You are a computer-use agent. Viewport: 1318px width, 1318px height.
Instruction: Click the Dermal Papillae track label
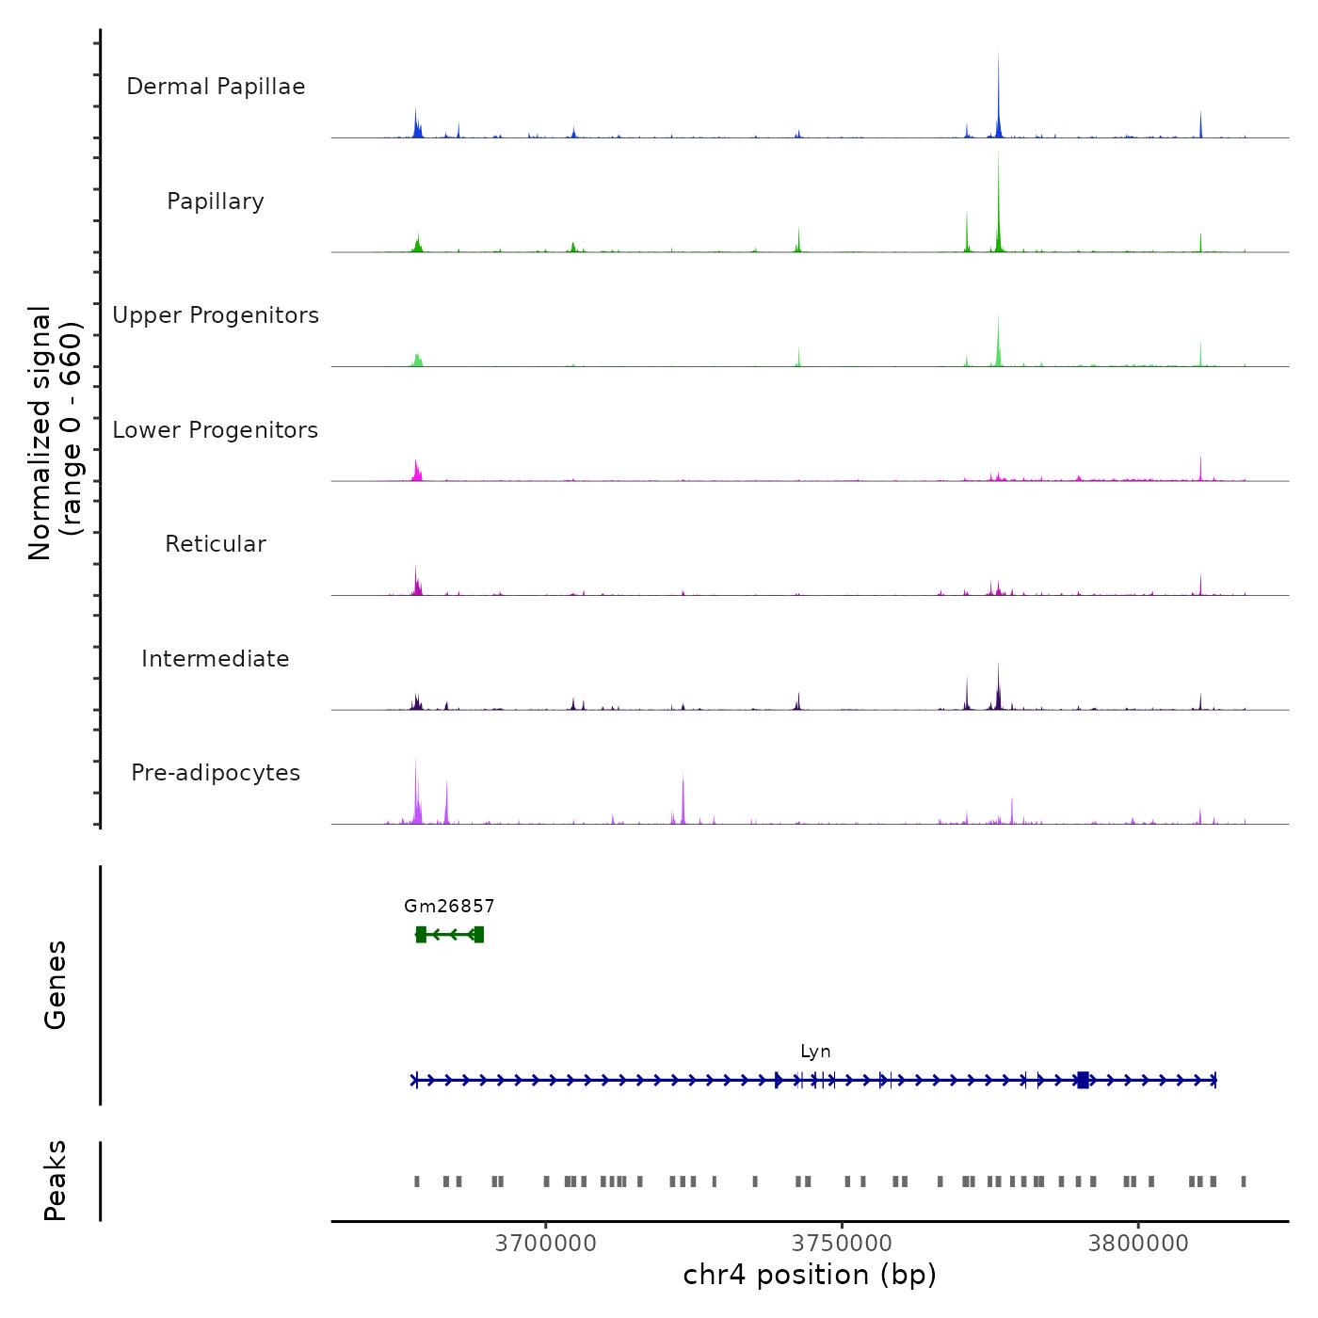coord(216,87)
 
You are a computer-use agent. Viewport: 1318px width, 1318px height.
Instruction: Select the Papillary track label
coord(216,201)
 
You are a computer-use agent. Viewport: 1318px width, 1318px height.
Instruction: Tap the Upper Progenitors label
coord(216,315)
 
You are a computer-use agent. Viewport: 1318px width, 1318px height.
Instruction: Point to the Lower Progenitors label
coord(216,430)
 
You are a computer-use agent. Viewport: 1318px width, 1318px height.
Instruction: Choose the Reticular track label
coord(216,544)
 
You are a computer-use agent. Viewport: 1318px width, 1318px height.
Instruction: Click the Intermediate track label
coord(216,659)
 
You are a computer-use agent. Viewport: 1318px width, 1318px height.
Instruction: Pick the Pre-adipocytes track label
coord(216,773)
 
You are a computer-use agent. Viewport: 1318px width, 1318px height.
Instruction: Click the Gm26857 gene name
coord(449,906)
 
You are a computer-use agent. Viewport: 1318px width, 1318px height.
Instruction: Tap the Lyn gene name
coord(815,1052)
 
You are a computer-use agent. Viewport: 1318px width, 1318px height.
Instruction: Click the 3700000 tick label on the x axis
coord(546,1244)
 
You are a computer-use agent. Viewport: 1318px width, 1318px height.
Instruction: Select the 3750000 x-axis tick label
coord(843,1244)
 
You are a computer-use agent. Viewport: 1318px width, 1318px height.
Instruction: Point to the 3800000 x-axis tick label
coord(1138,1244)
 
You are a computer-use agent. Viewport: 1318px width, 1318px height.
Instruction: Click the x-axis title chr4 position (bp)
coord(810,1275)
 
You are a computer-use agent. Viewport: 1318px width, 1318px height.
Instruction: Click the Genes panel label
coord(56,985)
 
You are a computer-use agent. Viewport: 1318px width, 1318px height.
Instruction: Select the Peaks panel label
coord(56,1181)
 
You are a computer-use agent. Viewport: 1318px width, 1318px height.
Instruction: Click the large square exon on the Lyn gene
coord(1083,1080)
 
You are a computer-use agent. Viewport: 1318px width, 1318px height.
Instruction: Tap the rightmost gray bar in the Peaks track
coord(1244,1181)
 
